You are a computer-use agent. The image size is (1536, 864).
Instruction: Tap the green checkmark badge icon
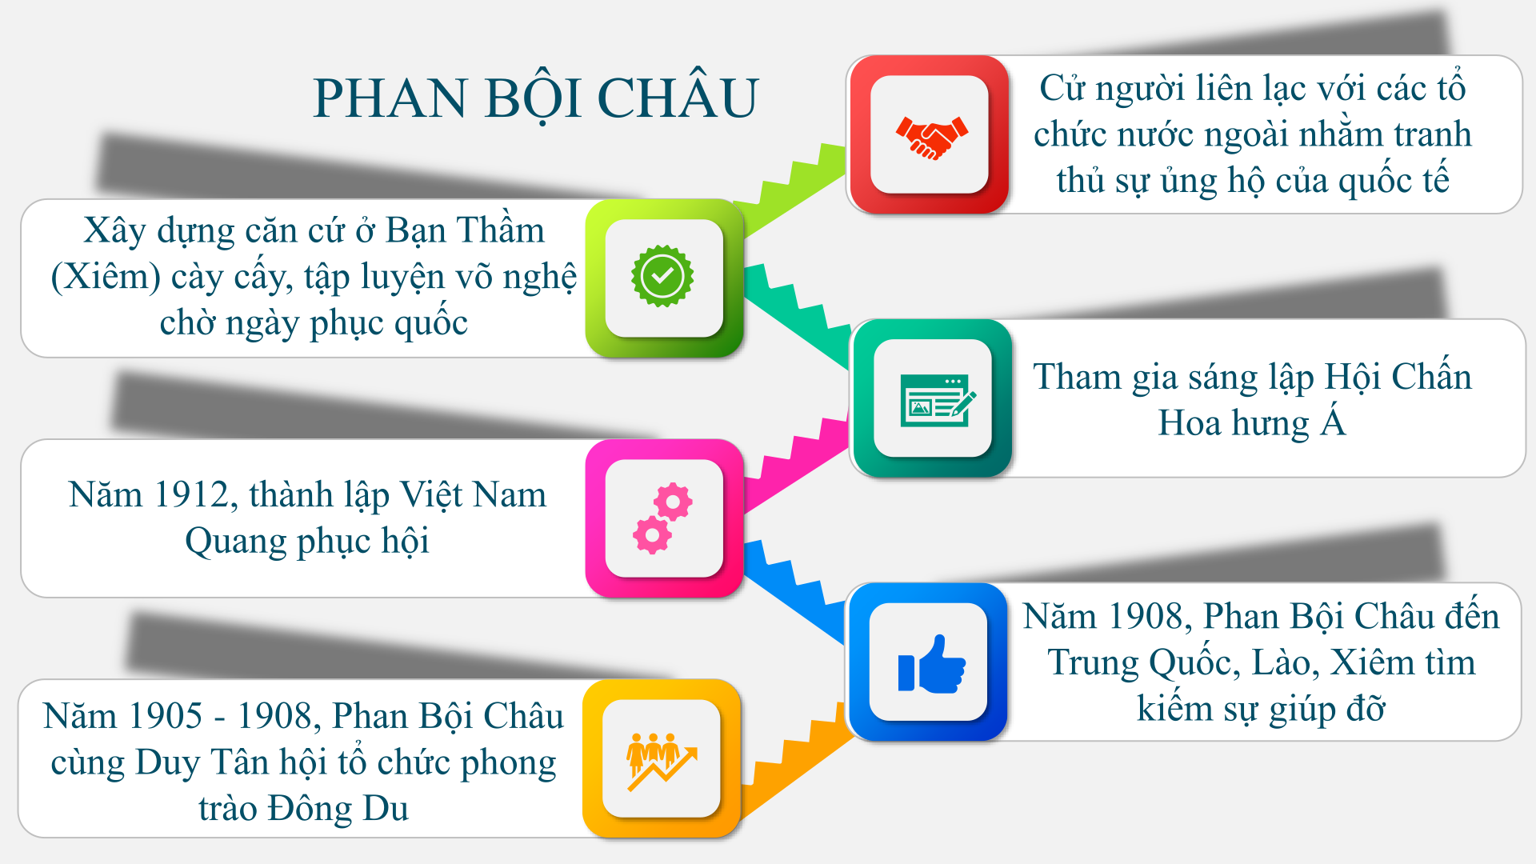click(x=662, y=276)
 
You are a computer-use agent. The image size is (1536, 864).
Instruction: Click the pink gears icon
click(x=663, y=518)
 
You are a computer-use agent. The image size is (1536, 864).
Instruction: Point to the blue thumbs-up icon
click(x=931, y=664)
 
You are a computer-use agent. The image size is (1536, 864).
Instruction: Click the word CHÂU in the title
click(x=678, y=98)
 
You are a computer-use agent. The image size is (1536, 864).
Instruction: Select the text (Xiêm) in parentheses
click(x=106, y=278)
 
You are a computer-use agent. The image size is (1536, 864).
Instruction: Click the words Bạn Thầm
click(x=465, y=231)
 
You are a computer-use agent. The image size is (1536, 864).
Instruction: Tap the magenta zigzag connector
click(x=794, y=464)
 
